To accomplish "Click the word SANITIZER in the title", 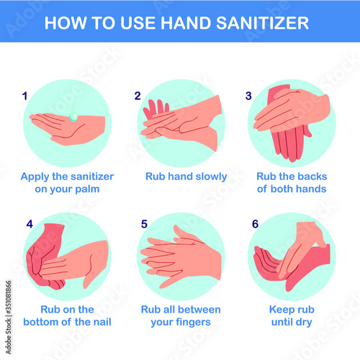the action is click(262, 23).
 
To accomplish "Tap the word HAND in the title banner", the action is click(186, 23).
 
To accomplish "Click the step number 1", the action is click(24, 96).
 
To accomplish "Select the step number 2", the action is click(138, 96).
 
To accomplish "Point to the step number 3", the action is click(248, 96).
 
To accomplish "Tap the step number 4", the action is click(30, 224).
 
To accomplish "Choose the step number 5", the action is click(144, 224).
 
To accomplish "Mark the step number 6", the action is click(255, 224).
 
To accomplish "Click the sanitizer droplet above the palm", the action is click(73, 113).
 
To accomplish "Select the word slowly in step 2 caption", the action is click(211, 177).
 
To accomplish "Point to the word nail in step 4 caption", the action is click(102, 322).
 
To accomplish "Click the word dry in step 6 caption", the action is click(304, 323).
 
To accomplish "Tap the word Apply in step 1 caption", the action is click(35, 177).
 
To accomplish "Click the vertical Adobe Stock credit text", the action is click(9, 318).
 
